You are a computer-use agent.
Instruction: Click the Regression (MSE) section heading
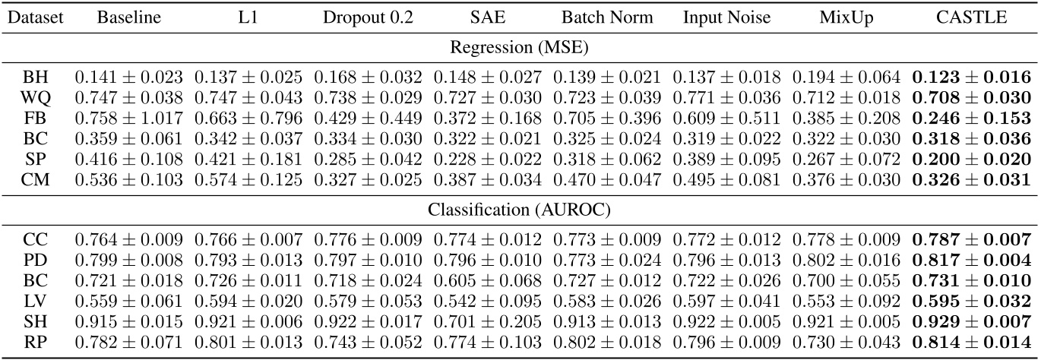pyautogui.click(x=520, y=48)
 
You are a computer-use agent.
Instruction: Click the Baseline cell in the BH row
pyautogui.click(x=129, y=77)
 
